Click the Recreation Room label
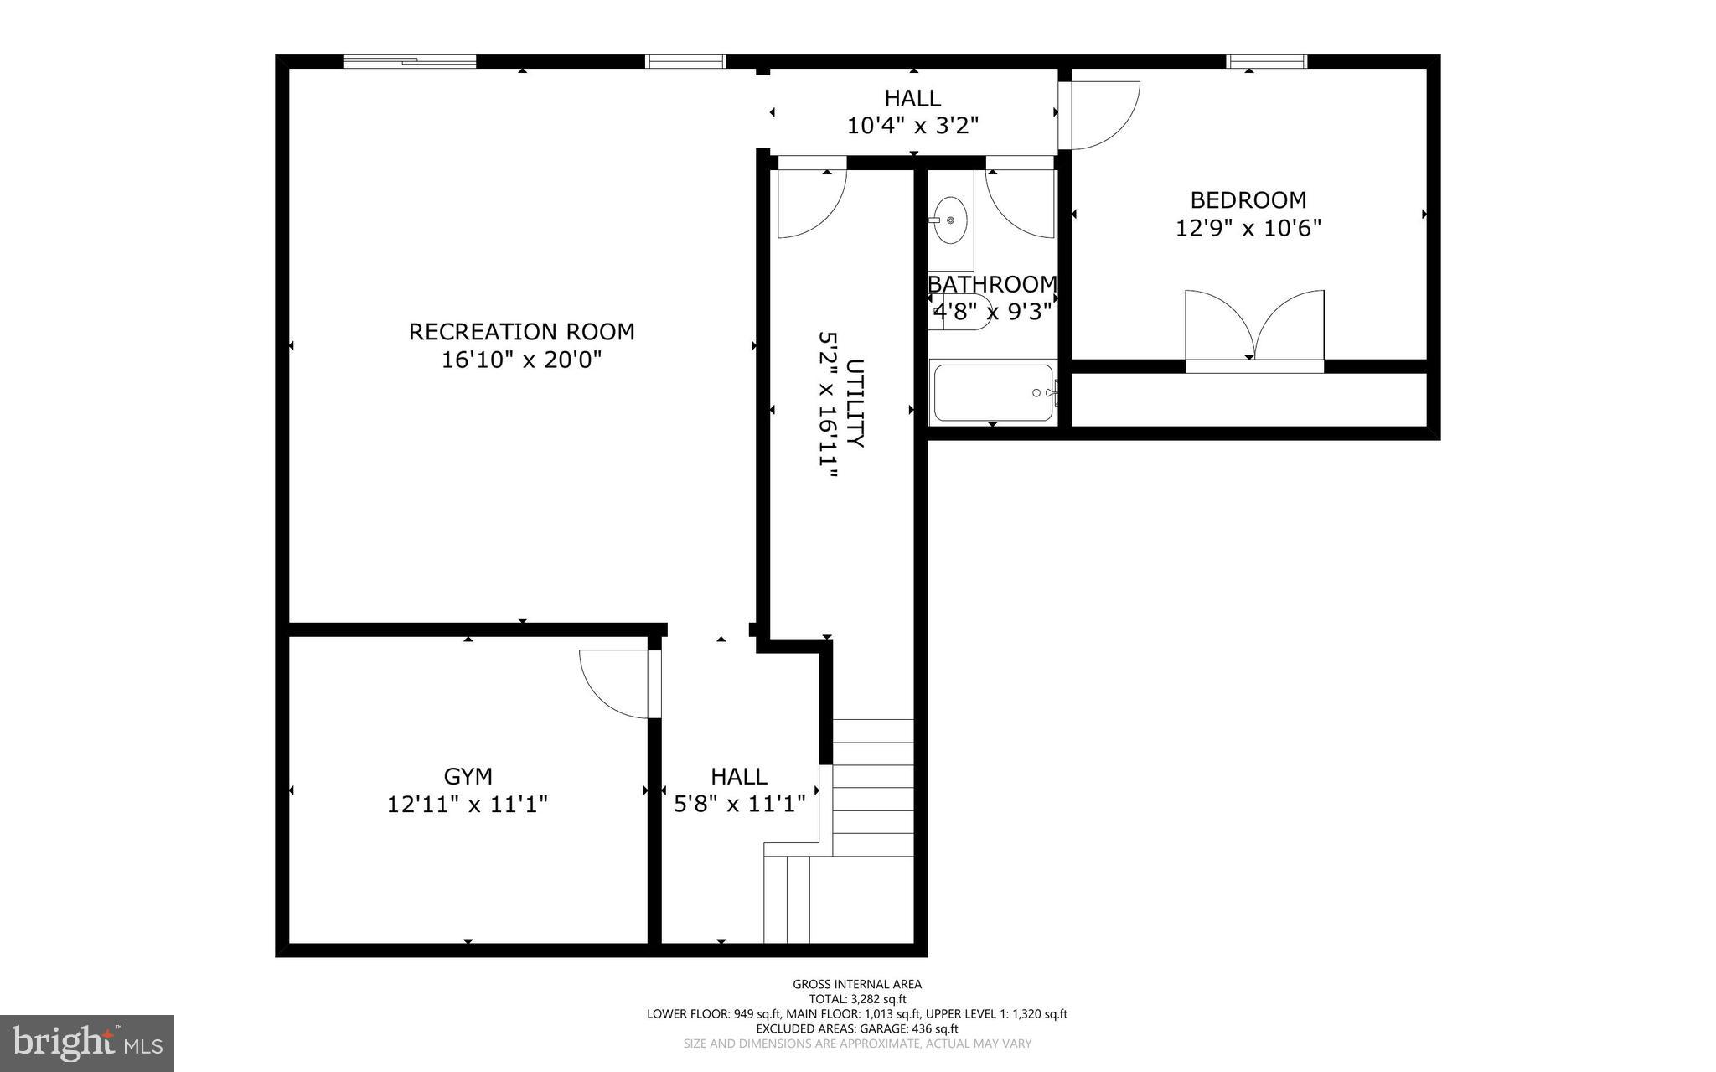(x=521, y=332)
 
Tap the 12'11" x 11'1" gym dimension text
(x=468, y=805)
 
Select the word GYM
(x=468, y=776)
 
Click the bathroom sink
(x=950, y=220)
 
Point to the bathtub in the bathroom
(x=993, y=392)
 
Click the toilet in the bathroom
(x=964, y=312)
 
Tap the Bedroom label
(x=1248, y=200)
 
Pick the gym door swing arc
(x=613, y=685)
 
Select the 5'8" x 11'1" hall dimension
(x=740, y=805)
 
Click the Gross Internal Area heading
(x=857, y=985)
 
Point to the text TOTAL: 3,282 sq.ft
(x=857, y=999)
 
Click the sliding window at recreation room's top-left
(x=410, y=61)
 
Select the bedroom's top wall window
(x=1266, y=61)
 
